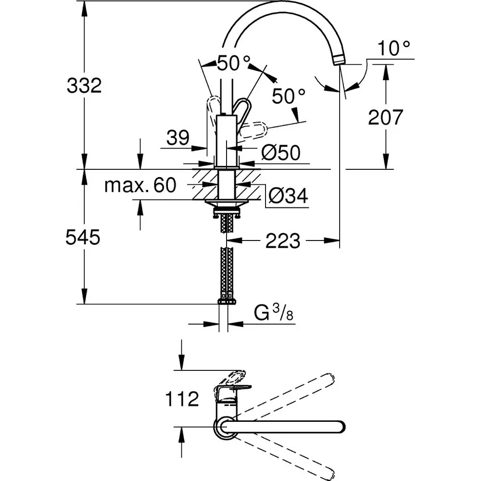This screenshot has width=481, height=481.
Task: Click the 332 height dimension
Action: [84, 86]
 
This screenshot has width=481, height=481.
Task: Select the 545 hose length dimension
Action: [83, 237]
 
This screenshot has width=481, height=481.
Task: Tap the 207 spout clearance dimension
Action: [385, 117]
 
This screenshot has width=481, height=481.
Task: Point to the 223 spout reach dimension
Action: [283, 240]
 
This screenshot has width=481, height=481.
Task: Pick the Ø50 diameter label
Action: [281, 153]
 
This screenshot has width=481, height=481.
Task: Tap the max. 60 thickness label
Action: [140, 185]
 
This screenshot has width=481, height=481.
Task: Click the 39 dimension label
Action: [178, 139]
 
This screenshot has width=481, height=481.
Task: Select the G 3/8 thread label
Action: [273, 315]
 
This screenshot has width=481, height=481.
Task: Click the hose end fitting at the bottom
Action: [227, 302]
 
